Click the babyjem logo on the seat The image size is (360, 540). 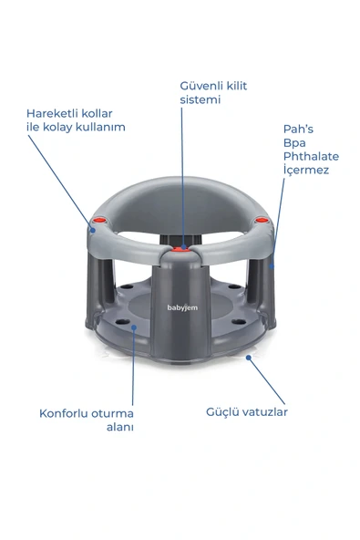click(x=182, y=307)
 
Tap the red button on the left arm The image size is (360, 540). click(x=99, y=220)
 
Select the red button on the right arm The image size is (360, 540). click(x=262, y=219)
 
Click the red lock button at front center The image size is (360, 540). click(x=180, y=249)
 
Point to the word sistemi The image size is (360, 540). click(x=200, y=99)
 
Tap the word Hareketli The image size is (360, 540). click(x=52, y=113)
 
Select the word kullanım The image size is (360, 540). click(x=100, y=127)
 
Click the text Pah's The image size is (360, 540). click(x=298, y=130)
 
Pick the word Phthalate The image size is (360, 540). click(x=311, y=156)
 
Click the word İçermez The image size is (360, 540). click(x=306, y=170)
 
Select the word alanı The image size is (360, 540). click(x=119, y=427)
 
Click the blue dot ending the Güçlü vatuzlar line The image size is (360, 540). click(x=248, y=358)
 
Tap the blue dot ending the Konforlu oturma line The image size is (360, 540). click(x=134, y=327)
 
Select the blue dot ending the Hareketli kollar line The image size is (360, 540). click(x=93, y=230)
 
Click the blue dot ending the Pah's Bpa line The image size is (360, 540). click(x=272, y=265)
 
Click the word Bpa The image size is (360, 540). click(x=294, y=143)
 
